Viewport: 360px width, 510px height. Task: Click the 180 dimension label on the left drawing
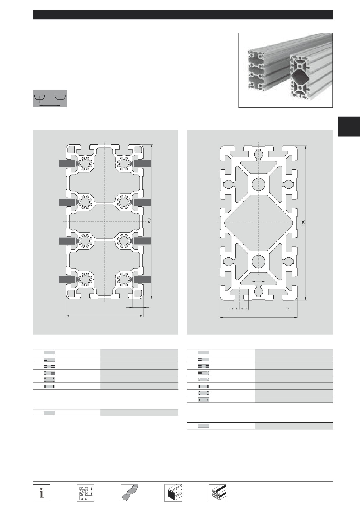149,222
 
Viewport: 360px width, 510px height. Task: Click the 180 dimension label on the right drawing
303,223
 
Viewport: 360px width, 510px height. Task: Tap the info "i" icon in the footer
41,493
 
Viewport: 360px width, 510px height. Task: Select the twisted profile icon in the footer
129,493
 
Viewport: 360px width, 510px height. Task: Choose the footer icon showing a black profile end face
173,493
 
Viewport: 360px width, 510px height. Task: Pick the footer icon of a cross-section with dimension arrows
85,493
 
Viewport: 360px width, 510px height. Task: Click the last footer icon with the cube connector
217,493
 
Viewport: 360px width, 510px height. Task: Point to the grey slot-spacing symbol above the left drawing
50,99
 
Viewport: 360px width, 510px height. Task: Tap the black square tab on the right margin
349,126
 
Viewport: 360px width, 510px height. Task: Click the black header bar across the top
182,15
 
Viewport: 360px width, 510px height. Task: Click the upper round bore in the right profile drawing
259,184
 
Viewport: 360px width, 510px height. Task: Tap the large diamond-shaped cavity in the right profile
259,223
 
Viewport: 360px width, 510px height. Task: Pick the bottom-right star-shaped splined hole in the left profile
124,279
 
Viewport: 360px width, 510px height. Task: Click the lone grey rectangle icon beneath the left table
49,413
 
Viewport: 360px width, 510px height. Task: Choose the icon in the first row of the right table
203,352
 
